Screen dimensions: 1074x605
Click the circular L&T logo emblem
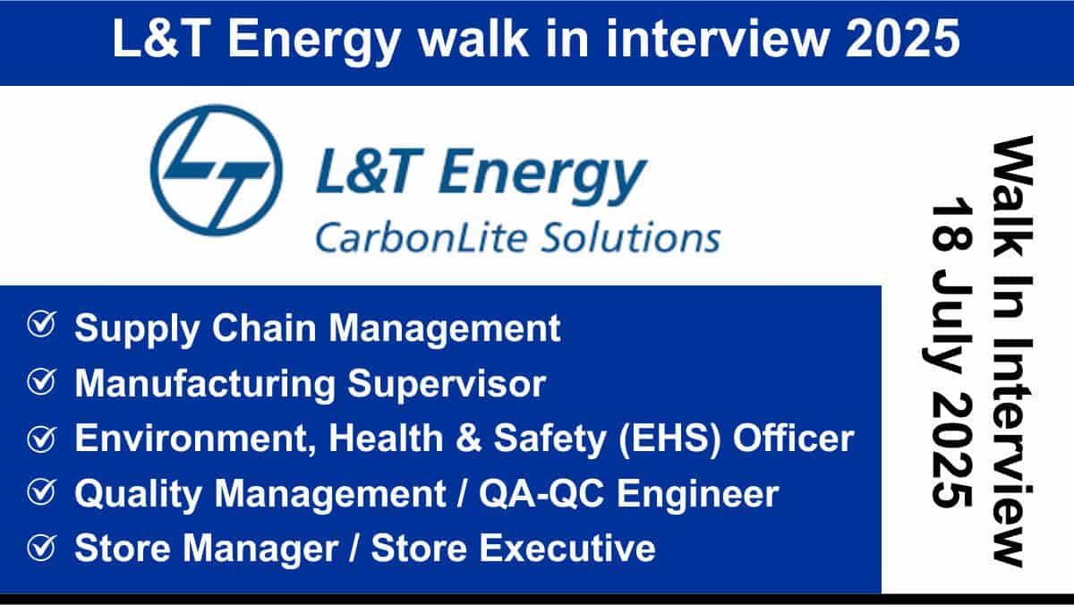pyautogui.click(x=217, y=170)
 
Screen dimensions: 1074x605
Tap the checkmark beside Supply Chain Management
pyautogui.click(x=42, y=325)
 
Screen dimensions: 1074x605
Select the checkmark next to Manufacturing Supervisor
pyautogui.click(x=42, y=381)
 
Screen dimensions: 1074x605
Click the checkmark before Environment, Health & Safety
pyautogui.click(x=42, y=439)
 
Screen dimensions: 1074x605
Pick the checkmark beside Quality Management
pyautogui.click(x=42, y=492)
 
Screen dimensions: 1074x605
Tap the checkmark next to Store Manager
pyautogui.click(x=42, y=548)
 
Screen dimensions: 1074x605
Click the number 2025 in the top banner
pyautogui.click(x=903, y=38)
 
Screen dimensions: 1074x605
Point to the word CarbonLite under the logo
pyautogui.click(x=422, y=237)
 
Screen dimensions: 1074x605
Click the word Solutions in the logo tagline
pyautogui.click(x=631, y=237)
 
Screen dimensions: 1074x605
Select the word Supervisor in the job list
pyautogui.click(x=447, y=385)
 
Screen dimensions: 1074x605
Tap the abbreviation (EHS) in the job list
pyautogui.click(x=669, y=439)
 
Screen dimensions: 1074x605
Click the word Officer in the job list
pyautogui.click(x=794, y=439)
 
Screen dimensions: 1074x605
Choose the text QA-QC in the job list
pyautogui.click(x=541, y=494)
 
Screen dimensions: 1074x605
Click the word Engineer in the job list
pyautogui.click(x=697, y=495)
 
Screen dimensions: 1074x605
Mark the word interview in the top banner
pyautogui.click(x=717, y=38)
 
